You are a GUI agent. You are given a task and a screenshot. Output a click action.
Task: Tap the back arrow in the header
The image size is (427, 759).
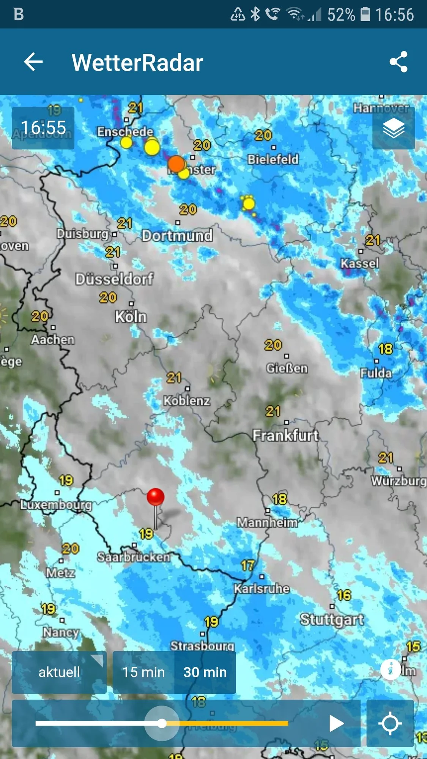tap(33, 62)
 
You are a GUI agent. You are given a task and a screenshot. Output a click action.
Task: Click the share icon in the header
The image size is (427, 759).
tap(399, 62)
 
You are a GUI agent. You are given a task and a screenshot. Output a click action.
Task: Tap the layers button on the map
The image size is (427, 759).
tap(394, 128)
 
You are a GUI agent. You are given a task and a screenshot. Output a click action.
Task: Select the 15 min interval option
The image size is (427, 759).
tap(143, 672)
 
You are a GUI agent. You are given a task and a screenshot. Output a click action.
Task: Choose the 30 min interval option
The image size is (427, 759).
tap(205, 672)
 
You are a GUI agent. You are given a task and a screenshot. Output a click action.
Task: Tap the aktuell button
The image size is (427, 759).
tap(59, 672)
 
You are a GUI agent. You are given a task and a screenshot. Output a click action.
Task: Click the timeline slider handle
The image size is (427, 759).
tap(162, 723)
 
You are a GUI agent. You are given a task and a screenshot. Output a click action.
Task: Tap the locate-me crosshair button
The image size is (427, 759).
tap(390, 723)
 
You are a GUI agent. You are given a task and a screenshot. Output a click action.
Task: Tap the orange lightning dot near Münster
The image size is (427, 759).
tap(176, 164)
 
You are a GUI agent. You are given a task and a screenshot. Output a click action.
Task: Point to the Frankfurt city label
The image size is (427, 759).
tap(285, 435)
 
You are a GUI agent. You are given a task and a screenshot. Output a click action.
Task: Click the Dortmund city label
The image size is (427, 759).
tap(177, 236)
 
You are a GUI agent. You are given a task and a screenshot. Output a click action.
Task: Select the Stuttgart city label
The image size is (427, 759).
tap(332, 619)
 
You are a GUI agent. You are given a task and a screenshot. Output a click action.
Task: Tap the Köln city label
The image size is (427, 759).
tap(131, 317)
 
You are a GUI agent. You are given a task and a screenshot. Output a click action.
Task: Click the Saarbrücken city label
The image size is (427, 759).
tap(134, 557)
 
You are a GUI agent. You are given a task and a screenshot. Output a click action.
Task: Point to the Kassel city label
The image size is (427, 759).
tap(359, 263)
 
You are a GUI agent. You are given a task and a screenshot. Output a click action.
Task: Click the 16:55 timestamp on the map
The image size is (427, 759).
tap(43, 128)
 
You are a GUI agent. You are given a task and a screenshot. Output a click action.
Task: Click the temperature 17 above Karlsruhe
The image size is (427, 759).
tap(247, 566)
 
